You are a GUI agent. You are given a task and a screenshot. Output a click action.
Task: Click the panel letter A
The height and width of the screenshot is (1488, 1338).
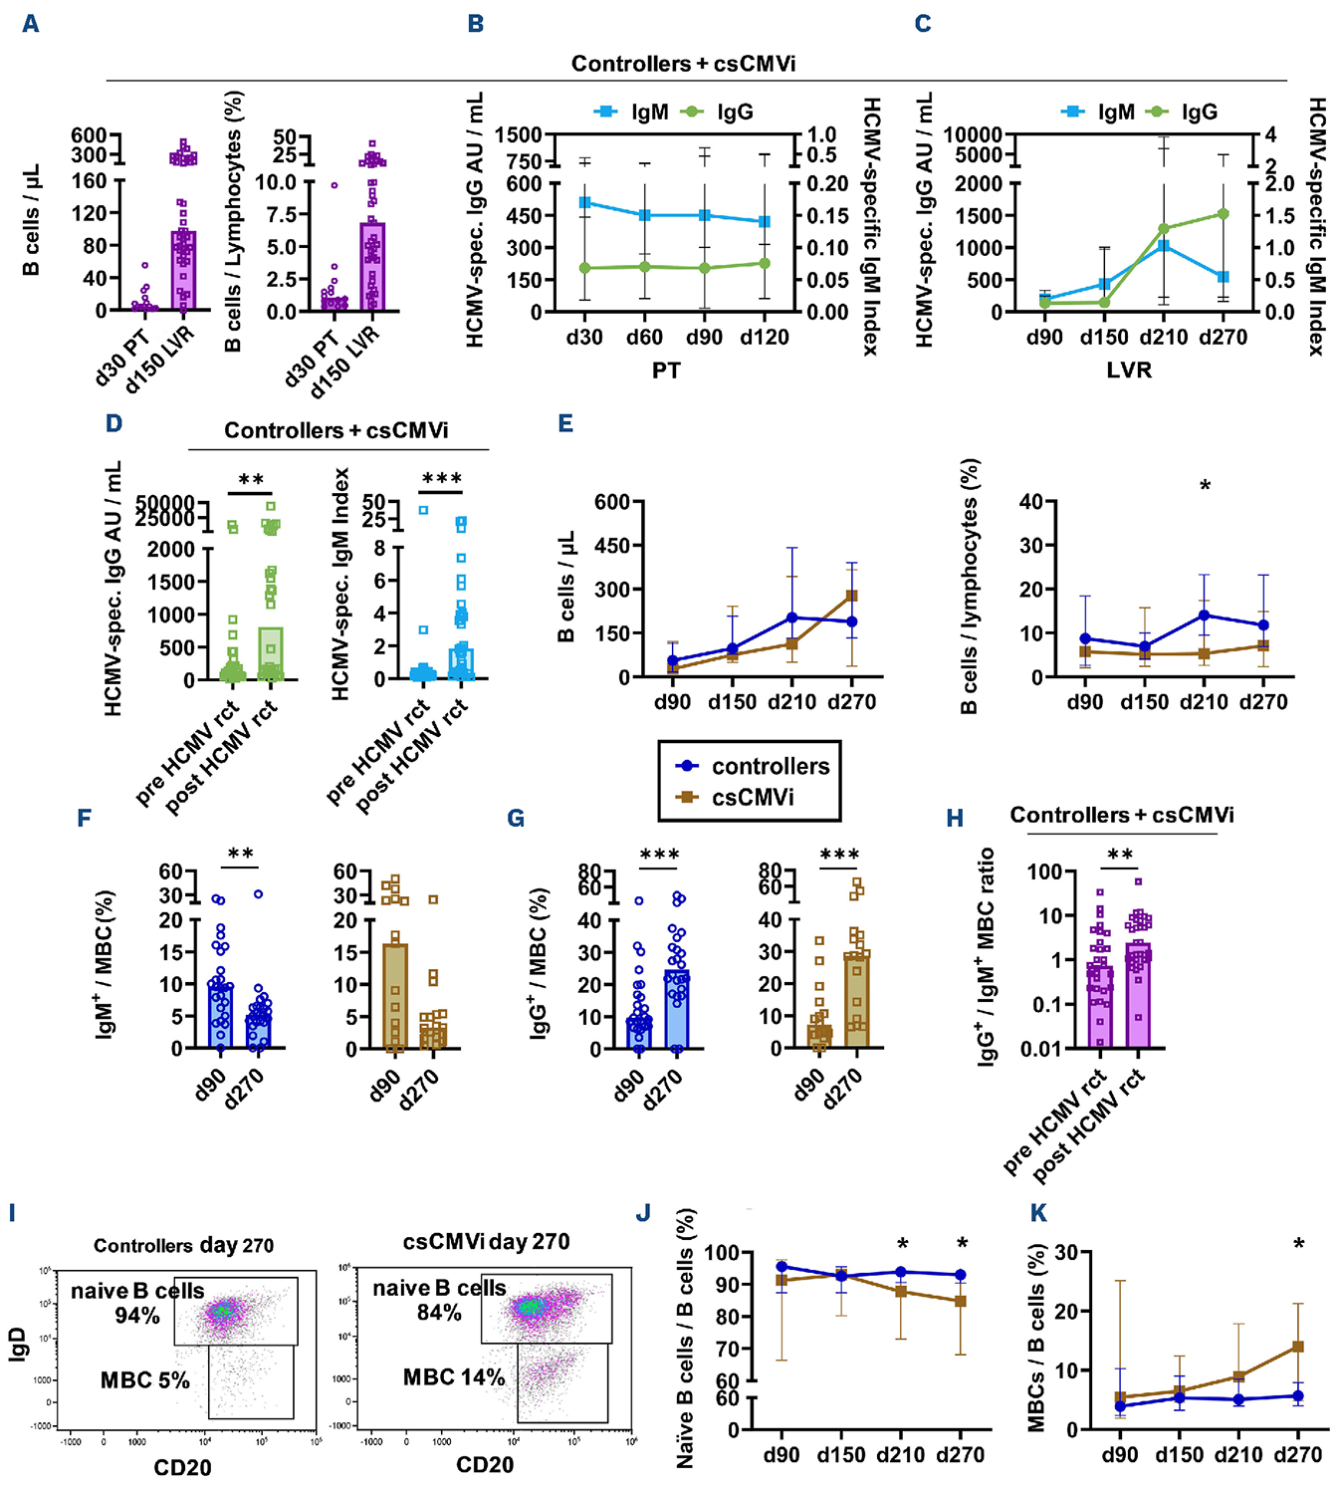click(x=31, y=23)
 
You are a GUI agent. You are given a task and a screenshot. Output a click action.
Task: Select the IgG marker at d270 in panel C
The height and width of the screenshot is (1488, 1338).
click(x=1224, y=214)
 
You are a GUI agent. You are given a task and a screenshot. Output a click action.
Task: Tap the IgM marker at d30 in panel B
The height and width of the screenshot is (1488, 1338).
click(x=584, y=203)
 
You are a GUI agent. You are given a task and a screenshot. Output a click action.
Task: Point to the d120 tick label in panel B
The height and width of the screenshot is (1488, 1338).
click(x=765, y=338)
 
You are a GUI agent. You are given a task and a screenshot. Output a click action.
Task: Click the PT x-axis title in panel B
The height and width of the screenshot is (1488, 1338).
click(x=666, y=371)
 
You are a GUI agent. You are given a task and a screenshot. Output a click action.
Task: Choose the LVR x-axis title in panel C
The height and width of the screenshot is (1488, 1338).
click(x=1129, y=371)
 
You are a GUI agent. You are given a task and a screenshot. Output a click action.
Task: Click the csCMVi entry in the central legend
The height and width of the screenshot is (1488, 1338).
click(x=753, y=798)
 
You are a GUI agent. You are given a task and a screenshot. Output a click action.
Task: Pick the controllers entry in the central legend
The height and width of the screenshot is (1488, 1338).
click(x=770, y=766)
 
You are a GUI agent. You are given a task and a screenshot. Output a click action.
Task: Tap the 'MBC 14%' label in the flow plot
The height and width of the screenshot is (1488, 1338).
click(x=454, y=1377)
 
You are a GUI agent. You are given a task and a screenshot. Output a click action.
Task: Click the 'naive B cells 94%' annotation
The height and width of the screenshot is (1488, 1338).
click(x=137, y=1303)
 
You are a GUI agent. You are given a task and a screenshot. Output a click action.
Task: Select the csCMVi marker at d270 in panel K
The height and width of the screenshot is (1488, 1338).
click(x=1298, y=1347)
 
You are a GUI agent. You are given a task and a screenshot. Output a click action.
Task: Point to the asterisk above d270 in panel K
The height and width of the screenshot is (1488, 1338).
click(x=1299, y=1245)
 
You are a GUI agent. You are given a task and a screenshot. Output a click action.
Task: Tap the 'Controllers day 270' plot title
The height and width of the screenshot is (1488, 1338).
click(x=183, y=1245)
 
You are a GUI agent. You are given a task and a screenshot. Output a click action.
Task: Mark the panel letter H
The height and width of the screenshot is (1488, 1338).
click(x=955, y=819)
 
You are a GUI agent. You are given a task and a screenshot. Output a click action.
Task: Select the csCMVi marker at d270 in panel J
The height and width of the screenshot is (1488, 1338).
click(x=961, y=1301)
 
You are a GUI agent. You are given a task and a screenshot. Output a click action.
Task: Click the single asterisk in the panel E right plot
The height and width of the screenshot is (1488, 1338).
click(x=1206, y=487)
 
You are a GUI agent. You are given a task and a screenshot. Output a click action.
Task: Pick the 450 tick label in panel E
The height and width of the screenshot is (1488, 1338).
click(x=612, y=546)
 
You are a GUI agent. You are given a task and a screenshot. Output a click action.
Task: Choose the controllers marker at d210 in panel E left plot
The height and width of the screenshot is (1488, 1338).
click(x=792, y=619)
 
